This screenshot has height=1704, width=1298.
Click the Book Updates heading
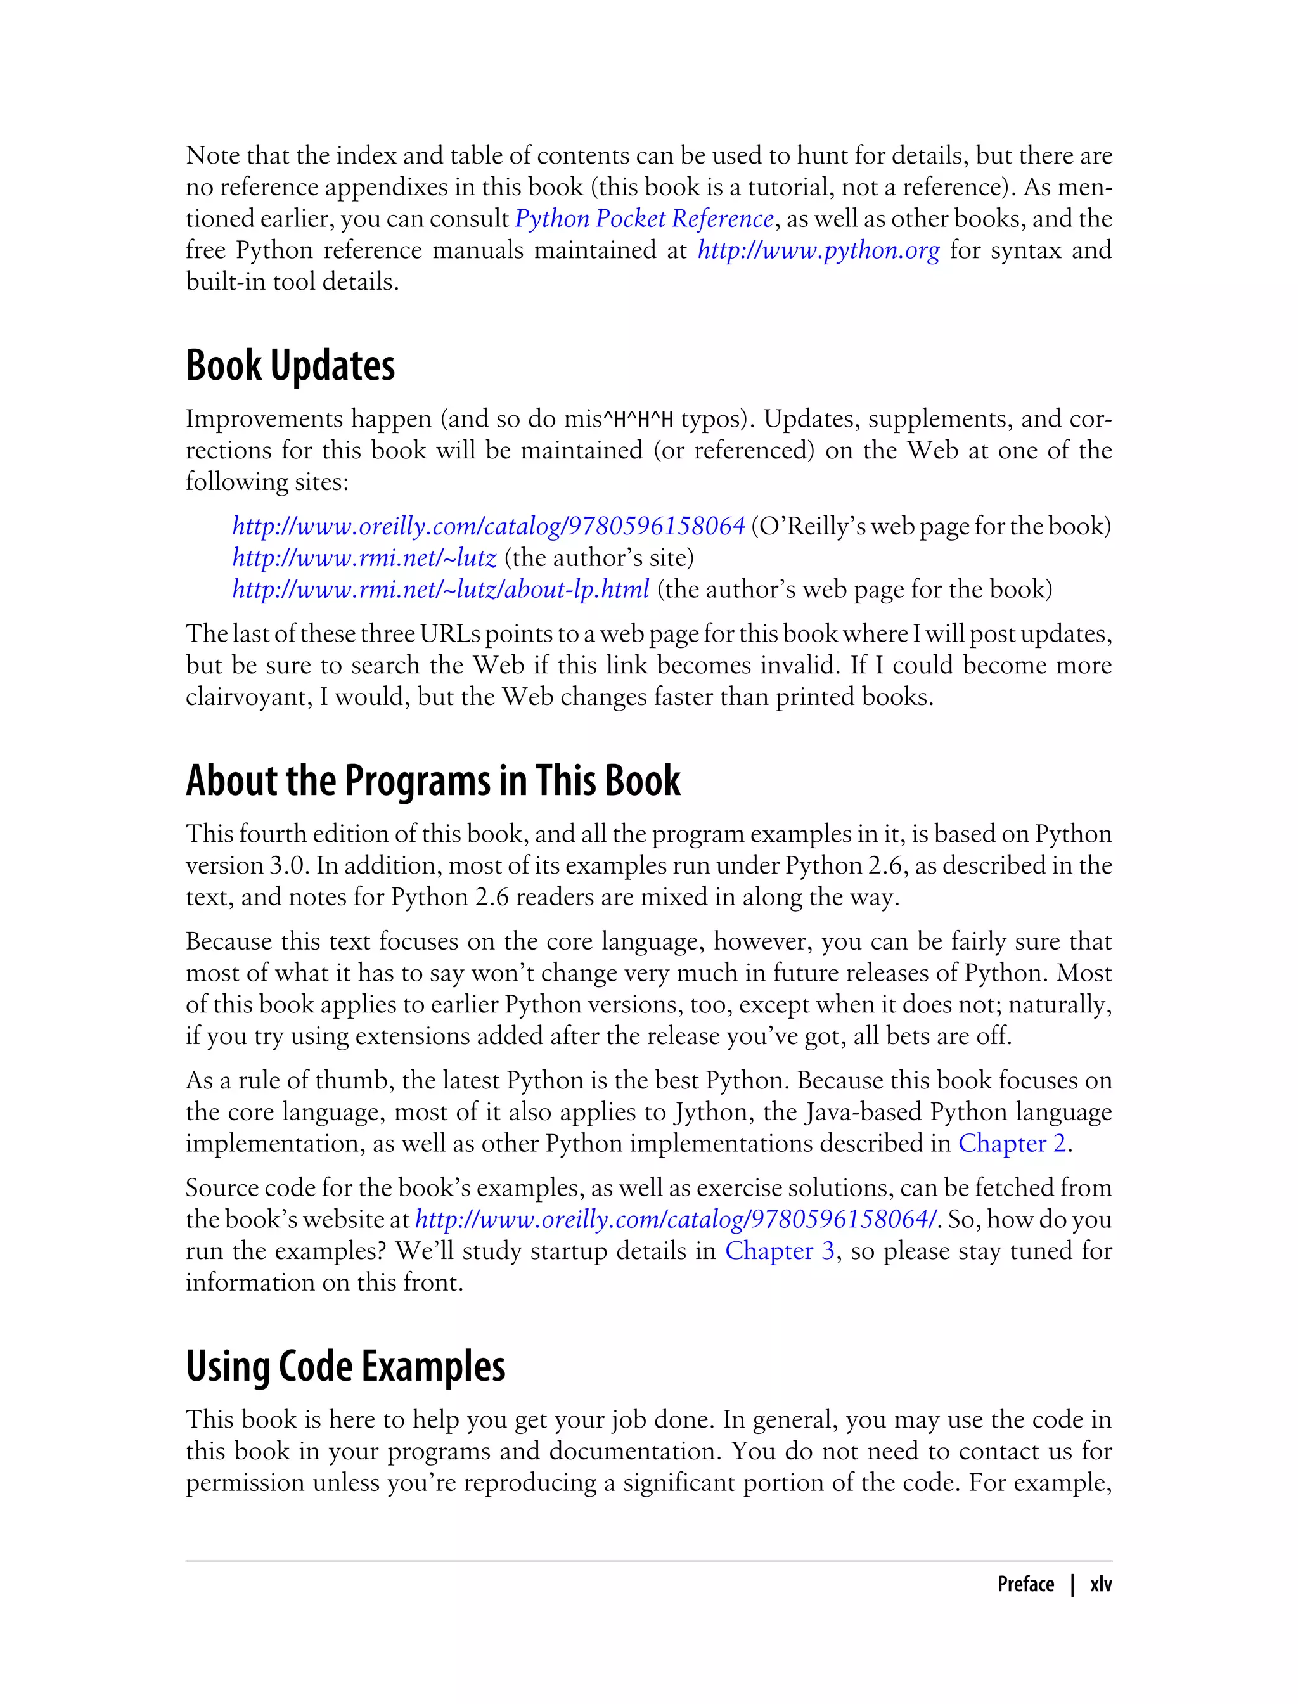(x=290, y=366)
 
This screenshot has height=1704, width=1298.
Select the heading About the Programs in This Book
(x=433, y=780)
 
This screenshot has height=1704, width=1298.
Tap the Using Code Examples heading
(x=345, y=1366)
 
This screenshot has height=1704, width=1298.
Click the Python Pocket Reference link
(x=643, y=219)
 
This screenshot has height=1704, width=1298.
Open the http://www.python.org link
(x=818, y=250)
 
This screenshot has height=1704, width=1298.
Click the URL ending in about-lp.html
(x=440, y=590)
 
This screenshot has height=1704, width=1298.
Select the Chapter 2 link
(x=1012, y=1143)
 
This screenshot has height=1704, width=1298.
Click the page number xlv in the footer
(x=1100, y=1584)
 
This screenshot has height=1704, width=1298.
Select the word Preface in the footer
(x=1025, y=1584)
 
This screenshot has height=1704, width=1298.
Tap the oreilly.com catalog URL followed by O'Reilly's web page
(x=488, y=526)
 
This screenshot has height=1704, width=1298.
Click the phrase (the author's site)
(x=599, y=558)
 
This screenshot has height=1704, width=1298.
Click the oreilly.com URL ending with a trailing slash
(x=677, y=1220)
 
